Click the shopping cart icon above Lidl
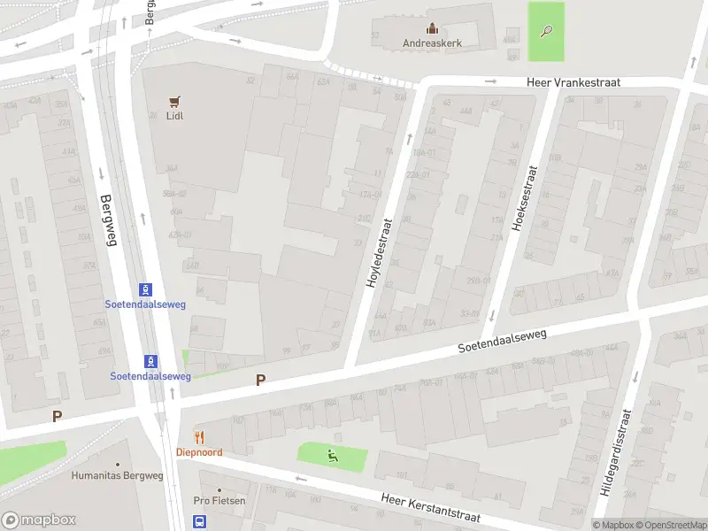174,101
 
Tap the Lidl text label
174,116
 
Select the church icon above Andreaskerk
432,28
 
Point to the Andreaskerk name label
432,42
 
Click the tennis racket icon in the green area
546,32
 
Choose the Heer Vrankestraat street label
573,82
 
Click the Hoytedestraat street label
380,253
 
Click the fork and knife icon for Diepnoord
199,436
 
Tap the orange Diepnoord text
199,451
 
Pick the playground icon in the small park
333,457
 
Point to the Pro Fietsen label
219,501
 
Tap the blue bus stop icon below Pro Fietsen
200,521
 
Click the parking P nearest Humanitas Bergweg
57,416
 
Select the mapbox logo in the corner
37,519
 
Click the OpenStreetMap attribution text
669,525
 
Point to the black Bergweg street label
107,221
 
